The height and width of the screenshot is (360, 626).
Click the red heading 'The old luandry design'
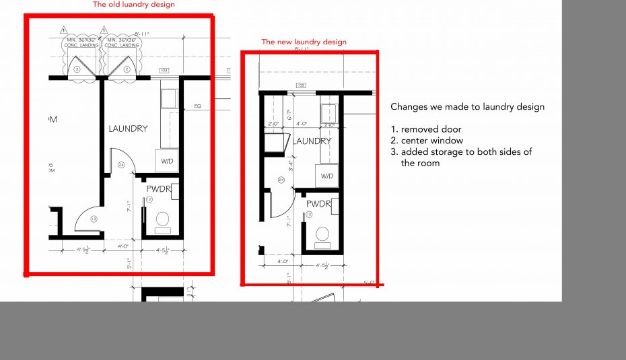pyautogui.click(x=133, y=5)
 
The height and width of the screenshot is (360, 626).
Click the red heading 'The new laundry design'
pyautogui.click(x=304, y=42)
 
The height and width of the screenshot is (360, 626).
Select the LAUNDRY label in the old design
pyautogui.click(x=128, y=129)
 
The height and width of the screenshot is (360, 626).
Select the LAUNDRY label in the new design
pyautogui.click(x=312, y=141)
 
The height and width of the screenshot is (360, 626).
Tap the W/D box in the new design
pyautogui.click(x=327, y=176)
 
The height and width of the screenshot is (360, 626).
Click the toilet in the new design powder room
pyautogui.click(x=322, y=233)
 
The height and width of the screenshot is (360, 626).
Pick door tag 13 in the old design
pyautogui.click(x=94, y=218)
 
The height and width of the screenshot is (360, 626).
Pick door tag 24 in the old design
pyautogui.click(x=122, y=164)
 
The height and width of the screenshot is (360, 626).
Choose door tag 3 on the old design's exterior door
pyautogui.click(x=77, y=69)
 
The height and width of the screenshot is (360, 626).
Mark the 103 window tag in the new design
pyautogui.click(x=300, y=85)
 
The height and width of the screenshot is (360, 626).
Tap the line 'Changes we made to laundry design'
pyautogui.click(x=467, y=107)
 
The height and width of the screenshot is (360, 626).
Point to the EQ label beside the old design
pyautogui.click(x=197, y=106)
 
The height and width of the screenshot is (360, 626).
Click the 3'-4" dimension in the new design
pyautogui.click(x=289, y=165)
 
